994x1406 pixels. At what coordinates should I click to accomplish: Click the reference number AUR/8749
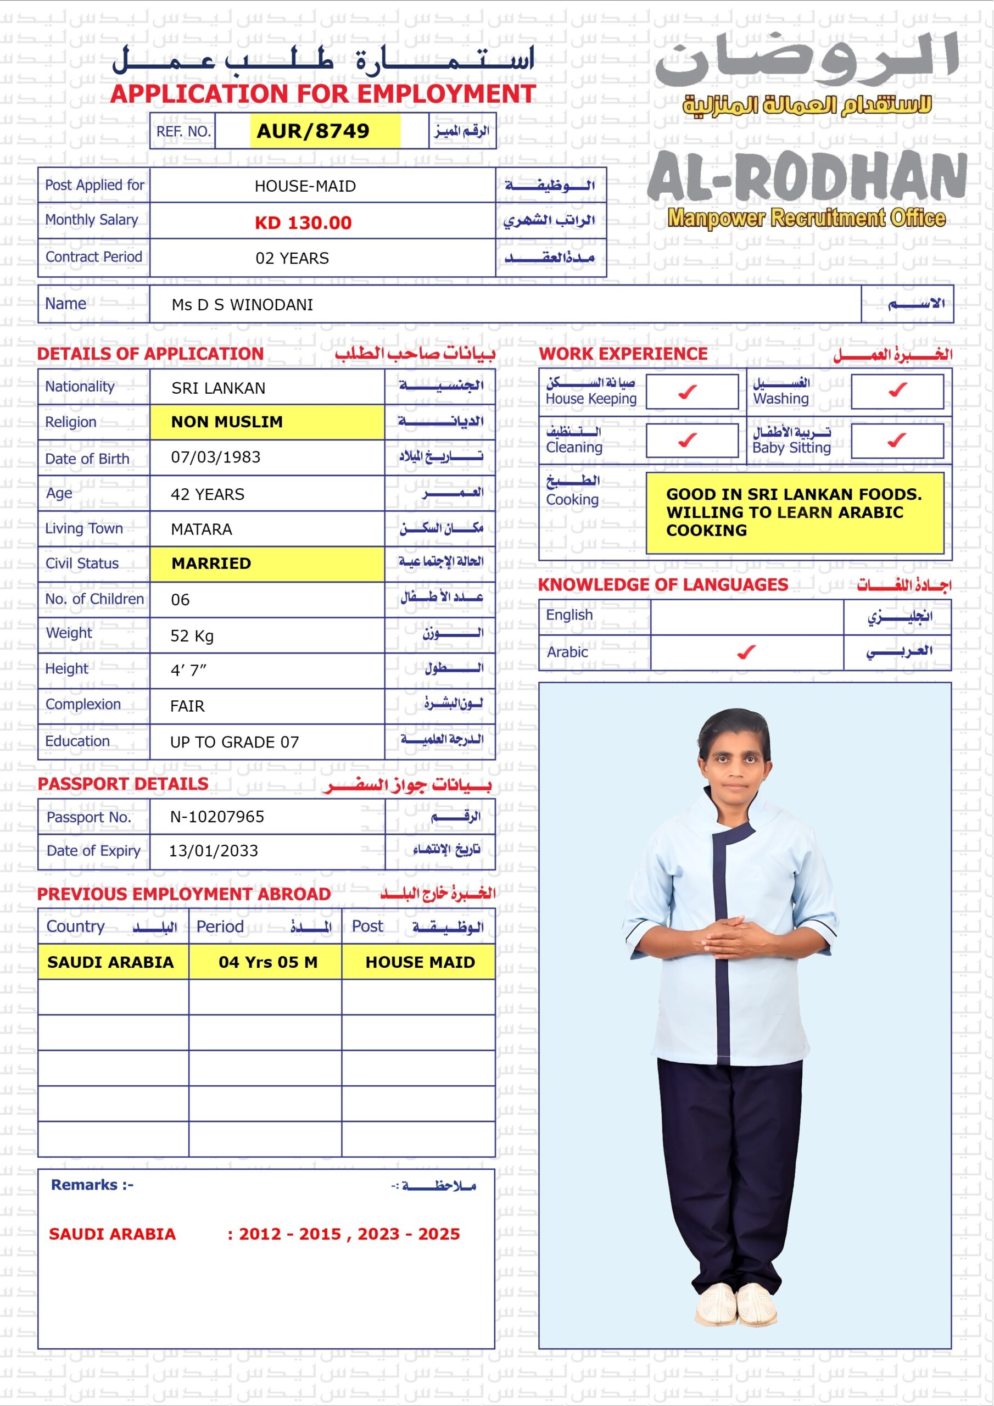coord(313,131)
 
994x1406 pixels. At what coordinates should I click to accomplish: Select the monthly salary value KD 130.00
coord(303,223)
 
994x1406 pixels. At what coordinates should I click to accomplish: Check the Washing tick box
coord(897,390)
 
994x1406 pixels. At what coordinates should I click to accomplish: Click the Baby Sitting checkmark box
coord(897,441)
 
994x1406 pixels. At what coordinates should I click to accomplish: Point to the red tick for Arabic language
coord(746,653)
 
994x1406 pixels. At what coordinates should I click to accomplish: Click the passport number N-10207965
coord(217,816)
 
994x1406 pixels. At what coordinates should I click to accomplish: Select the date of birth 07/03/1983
coord(216,457)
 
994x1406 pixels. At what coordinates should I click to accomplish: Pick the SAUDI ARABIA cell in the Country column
coord(111,962)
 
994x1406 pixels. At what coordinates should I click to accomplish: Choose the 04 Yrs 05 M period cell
coord(267,962)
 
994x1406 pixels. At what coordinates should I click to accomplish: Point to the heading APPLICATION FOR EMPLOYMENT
coord(323,94)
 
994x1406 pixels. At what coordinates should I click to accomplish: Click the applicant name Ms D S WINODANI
coord(242,305)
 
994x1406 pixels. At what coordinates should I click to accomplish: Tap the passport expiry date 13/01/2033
coord(213,851)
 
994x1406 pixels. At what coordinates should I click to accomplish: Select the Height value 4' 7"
coord(188,671)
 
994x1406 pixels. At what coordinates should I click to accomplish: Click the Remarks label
coord(92,1185)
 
